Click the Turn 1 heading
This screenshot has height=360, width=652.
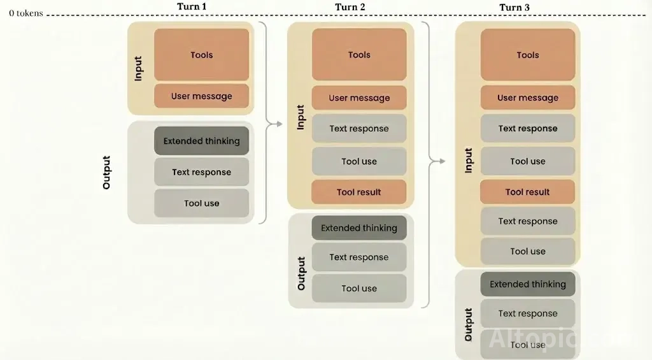[x=191, y=6]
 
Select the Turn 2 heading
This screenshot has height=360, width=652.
[x=350, y=7]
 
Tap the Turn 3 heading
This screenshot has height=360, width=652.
[x=514, y=8]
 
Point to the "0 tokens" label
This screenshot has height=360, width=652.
[x=25, y=13]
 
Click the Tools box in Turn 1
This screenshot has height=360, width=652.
[x=201, y=55]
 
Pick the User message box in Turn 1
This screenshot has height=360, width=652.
[x=201, y=96]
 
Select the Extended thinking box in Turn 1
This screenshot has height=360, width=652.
[x=201, y=141]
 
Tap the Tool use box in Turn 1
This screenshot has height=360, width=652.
[x=201, y=203]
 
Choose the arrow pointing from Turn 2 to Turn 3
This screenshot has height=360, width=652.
[x=437, y=161]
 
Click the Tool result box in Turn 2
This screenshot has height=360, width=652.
[x=359, y=192]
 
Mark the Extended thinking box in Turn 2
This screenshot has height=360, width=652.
[x=359, y=227]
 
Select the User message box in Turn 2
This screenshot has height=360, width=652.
[x=359, y=98]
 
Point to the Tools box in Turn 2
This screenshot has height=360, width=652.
[x=359, y=55]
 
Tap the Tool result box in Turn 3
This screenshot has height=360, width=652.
[x=528, y=192]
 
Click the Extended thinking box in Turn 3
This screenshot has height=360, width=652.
[x=528, y=284]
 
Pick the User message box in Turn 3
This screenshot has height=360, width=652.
[x=528, y=98]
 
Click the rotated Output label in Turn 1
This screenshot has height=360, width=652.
[x=106, y=172]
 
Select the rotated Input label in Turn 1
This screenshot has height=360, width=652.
[x=138, y=68]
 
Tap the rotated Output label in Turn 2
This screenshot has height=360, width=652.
[x=301, y=273]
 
